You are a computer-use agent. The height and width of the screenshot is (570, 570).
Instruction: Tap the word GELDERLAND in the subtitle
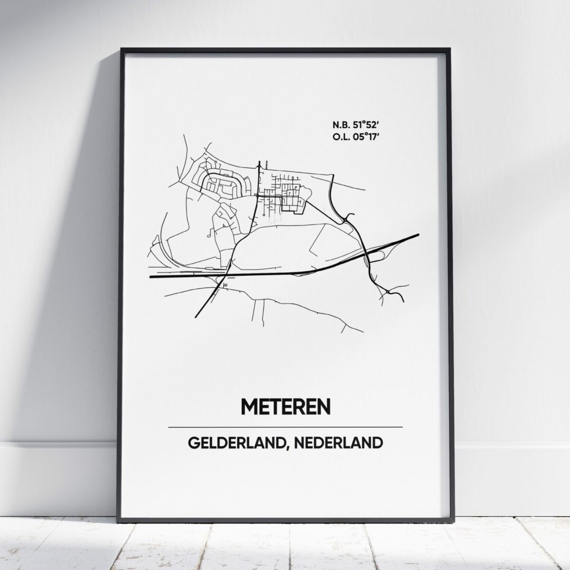(229, 443)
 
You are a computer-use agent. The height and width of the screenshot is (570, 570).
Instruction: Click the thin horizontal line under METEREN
(285, 427)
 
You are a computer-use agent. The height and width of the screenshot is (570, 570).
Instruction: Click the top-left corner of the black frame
(122, 48)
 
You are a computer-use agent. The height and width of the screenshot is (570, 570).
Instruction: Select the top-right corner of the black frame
(449, 48)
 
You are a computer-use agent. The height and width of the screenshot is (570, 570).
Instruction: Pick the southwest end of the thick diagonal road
(195, 315)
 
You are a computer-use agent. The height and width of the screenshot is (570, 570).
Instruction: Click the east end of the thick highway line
(418, 234)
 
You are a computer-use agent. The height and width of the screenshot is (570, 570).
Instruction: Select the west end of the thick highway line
(151, 276)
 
